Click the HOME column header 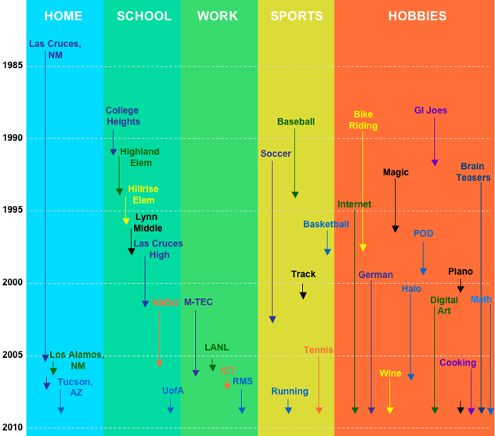coord(63,16)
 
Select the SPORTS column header coord(296,16)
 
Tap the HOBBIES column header coord(417,16)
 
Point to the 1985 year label coord(13,65)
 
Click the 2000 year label coord(13,283)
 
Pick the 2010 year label coord(13,427)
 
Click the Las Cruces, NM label coord(54,49)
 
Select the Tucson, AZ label coord(75,387)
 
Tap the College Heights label coord(123,116)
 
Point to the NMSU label coord(165,302)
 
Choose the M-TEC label coord(198,302)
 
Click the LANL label coord(217,347)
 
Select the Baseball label coord(296,121)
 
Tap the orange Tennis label coord(318,350)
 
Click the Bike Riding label coord(363,120)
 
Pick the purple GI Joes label coord(431,110)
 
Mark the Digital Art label coord(444,305)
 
